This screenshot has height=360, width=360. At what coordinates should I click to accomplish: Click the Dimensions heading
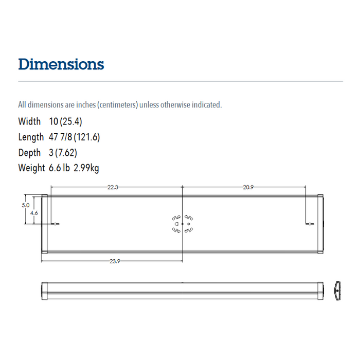61,64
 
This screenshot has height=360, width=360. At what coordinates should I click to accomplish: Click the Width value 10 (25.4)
66,122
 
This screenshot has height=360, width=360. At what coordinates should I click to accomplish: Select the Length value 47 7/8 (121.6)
75,137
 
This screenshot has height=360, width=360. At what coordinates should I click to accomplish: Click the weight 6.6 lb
59,168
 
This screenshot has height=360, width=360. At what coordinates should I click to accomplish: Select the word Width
29,122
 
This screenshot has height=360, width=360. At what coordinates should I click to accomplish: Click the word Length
31,137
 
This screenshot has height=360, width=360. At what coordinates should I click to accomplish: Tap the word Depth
29,153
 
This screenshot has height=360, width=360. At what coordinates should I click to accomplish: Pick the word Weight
31,168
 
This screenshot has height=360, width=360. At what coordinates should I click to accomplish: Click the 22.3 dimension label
113,188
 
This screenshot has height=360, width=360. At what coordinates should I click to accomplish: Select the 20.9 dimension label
248,188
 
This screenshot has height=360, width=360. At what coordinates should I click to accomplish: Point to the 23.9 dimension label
115,261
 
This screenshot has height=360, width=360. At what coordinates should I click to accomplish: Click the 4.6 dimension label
34,212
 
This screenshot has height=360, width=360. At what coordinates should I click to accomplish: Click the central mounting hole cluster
182,224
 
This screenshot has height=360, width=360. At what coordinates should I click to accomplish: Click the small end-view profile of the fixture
337,291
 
